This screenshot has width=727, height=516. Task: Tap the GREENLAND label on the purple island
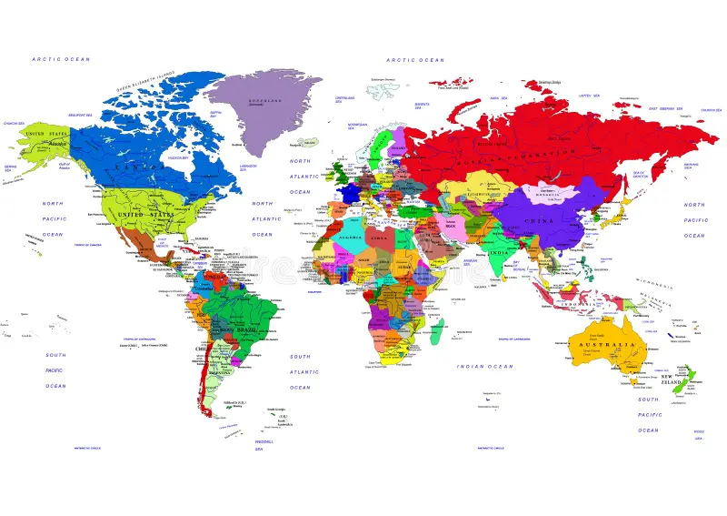[x=267, y=101]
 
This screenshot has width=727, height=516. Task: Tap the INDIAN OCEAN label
[x=484, y=367]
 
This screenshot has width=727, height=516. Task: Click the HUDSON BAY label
[x=177, y=157]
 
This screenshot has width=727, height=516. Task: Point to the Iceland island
[x=309, y=142]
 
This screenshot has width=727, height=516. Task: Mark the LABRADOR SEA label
[x=248, y=167]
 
